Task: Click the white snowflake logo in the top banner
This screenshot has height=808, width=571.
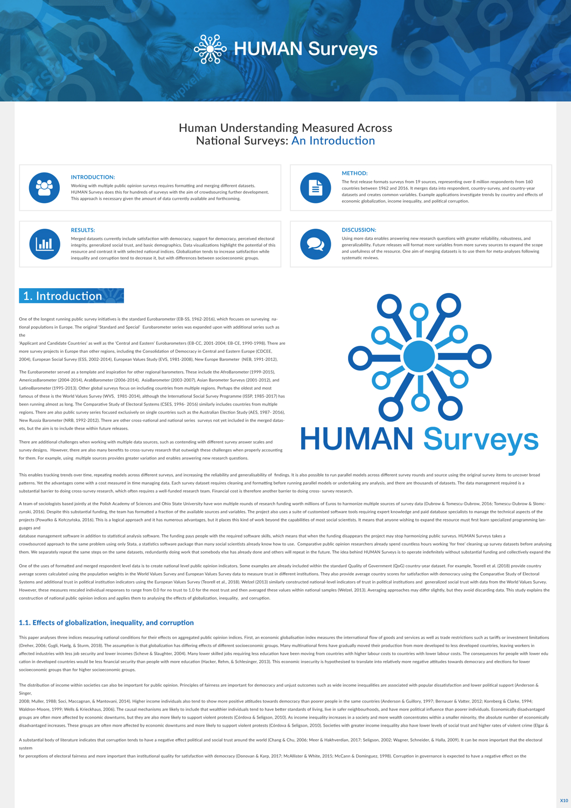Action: click(x=210, y=50)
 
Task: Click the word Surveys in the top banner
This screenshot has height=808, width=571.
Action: click(x=343, y=49)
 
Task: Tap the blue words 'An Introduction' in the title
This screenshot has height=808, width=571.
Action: click(x=333, y=141)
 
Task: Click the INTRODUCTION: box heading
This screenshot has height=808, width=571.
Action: click(x=93, y=177)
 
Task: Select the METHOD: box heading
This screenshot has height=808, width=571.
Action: click(x=354, y=173)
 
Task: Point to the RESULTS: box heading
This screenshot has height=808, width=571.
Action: click(x=83, y=230)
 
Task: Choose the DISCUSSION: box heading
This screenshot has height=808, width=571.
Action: click(x=359, y=230)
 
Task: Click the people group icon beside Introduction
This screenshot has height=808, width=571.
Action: click(x=44, y=187)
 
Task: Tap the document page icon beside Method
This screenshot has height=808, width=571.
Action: click(x=315, y=187)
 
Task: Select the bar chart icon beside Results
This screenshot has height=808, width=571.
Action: click(x=44, y=244)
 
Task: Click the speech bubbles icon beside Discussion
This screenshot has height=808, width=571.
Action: click(x=315, y=244)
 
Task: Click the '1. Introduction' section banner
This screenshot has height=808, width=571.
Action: click(x=71, y=296)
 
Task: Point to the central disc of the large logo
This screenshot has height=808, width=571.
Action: click(x=419, y=357)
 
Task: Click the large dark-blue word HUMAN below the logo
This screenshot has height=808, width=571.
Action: click(x=357, y=439)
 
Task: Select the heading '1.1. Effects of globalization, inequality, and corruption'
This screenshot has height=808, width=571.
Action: click(x=106, y=623)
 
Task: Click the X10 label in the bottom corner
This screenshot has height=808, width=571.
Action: click(x=563, y=800)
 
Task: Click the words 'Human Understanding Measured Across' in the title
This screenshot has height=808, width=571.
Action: click(x=285, y=128)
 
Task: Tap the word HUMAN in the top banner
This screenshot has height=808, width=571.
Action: click(x=268, y=49)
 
